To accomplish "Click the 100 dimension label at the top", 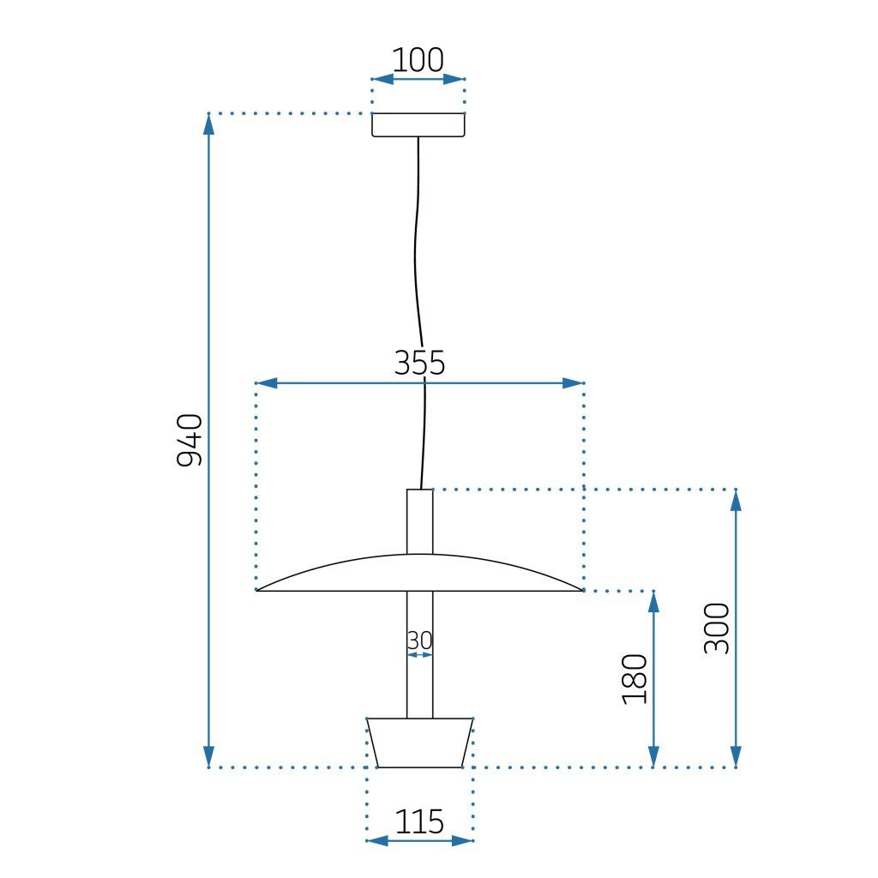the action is (418, 61).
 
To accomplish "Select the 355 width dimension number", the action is (419, 364).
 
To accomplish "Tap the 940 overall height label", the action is (189, 440).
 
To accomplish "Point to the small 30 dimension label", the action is (419, 640).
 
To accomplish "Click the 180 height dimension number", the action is (634, 679).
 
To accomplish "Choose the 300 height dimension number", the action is (717, 628).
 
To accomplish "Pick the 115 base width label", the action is (419, 822).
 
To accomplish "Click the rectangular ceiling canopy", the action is (418, 125).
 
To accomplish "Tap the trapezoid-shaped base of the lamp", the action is (419, 743).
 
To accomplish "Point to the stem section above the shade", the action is (419, 520).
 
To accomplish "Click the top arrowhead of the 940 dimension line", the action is (208, 124).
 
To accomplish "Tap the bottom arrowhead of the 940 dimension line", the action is (208, 756).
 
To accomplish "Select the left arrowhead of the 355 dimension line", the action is (268, 383).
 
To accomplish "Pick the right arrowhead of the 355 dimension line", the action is (573, 383).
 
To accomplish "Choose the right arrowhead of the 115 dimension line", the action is (463, 840).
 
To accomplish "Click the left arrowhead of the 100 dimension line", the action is (382, 79).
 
